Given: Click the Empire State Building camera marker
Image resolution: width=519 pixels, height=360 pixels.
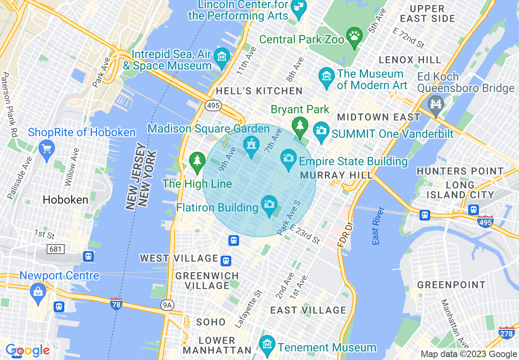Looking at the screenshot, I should pyautogui.click(x=289, y=159).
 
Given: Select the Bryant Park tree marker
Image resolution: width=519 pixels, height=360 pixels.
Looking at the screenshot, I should pyautogui.click(x=300, y=125).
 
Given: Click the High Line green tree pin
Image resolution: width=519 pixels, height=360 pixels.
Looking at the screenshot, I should pyautogui.click(x=197, y=161).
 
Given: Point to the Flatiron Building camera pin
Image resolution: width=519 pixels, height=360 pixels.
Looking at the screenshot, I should pyautogui.click(x=269, y=205).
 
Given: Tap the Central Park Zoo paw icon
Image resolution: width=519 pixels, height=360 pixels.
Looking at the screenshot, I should pyautogui.click(x=354, y=36).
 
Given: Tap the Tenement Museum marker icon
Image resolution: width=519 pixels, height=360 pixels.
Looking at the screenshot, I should pyautogui.click(x=267, y=344).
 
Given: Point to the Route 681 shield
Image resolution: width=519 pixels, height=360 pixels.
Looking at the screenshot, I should pyautogui.click(x=55, y=248).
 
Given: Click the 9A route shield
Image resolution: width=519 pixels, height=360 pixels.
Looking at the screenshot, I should pyautogui.click(x=167, y=304).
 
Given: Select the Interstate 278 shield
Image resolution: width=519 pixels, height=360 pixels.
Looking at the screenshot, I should pyautogui.click(x=506, y=333).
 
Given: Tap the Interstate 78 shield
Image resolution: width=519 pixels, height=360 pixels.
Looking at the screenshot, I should pyautogui.click(x=116, y=304).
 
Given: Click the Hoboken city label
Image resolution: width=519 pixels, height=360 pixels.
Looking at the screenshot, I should pyautogui.click(x=65, y=200).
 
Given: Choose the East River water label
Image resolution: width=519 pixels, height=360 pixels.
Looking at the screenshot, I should pyautogui.click(x=379, y=226).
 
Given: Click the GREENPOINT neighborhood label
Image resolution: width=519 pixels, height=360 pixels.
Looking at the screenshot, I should pyautogui.click(x=451, y=285).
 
